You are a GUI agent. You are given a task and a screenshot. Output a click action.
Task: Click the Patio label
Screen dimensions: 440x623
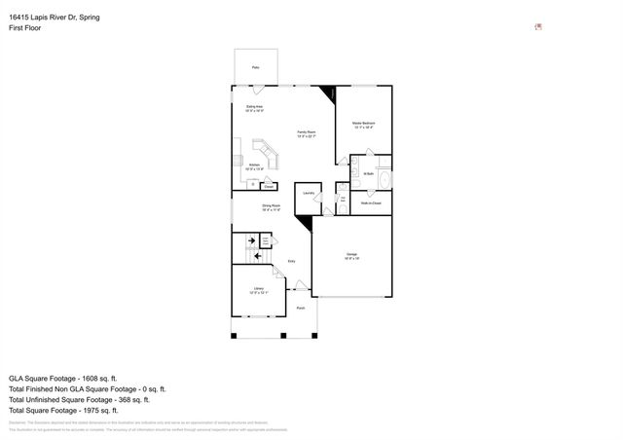click(x=256, y=67)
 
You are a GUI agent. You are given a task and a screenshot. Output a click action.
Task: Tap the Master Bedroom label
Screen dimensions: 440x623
click(x=363, y=124)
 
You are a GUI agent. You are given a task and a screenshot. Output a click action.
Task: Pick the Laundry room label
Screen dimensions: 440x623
click(x=307, y=194)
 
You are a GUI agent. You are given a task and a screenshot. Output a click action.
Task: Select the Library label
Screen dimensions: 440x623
click(x=259, y=289)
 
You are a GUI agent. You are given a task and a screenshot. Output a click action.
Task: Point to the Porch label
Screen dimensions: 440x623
click(x=300, y=308)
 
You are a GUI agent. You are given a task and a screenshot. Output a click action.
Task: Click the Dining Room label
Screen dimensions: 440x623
click(x=271, y=205)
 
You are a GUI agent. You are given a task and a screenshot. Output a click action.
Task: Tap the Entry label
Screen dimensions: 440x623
click(x=291, y=261)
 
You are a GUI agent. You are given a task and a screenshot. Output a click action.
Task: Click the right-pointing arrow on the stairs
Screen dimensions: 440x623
click(x=251, y=240)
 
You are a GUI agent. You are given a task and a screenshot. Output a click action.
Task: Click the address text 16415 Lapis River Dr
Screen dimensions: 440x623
click(x=54, y=18)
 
